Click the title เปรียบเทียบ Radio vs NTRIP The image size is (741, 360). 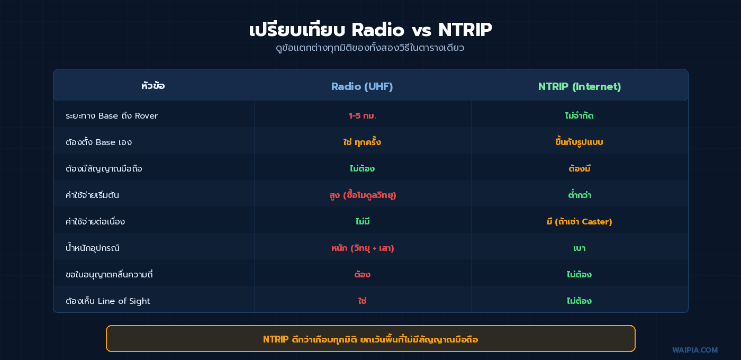click(370, 30)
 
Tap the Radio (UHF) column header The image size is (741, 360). click(362, 86)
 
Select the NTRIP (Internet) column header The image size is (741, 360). click(580, 86)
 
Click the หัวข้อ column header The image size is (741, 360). click(153, 86)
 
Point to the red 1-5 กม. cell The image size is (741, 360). click(362, 116)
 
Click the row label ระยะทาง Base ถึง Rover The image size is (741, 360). click(112, 116)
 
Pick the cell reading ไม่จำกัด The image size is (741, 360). click(579, 116)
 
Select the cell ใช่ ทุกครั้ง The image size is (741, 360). click(362, 142)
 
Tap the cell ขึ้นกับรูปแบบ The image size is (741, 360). click(579, 142)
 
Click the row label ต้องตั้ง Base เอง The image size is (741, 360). click(99, 142)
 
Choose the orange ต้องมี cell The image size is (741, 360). click(579, 169)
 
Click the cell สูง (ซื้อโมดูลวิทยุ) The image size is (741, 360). click(362, 195)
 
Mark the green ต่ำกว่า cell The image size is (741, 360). click(579, 195)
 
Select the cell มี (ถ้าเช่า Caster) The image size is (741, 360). click(579, 222)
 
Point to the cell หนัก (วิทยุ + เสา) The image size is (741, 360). click(362, 248)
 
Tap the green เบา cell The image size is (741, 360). click(579, 248)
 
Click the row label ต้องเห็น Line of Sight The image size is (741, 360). click(108, 301)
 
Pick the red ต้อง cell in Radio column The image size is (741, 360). click(362, 275)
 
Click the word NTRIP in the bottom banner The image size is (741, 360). click(276, 339)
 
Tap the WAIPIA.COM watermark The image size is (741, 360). click(695, 350)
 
